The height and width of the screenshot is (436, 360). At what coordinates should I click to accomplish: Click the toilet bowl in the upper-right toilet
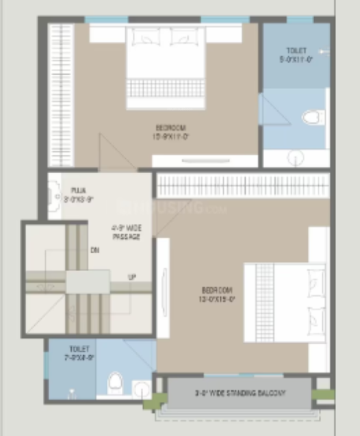coord(313,117)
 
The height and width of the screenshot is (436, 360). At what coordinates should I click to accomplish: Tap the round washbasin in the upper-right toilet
coord(296,159)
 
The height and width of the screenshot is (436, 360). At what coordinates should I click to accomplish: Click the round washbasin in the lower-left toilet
coord(142,390)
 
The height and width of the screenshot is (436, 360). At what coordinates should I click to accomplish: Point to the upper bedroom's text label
coord(170,131)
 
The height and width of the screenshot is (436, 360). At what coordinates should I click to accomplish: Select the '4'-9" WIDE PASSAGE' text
coord(126,231)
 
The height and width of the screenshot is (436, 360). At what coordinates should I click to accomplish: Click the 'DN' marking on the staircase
coord(94,250)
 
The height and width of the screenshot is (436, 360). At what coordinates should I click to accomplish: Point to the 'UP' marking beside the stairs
coord(131,277)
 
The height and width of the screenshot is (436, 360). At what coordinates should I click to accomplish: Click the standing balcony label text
coord(239,393)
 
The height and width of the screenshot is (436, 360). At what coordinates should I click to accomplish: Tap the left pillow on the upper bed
coord(145,38)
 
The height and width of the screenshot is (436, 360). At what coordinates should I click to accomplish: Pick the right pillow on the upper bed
coord(184,38)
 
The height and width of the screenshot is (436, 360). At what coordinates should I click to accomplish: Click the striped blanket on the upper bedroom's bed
coord(165,88)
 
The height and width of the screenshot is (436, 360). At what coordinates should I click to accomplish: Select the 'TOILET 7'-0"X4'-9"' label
coord(79,352)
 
